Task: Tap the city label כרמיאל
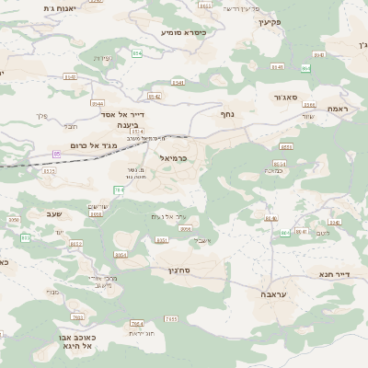(x=173, y=158)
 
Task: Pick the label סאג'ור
(x=287, y=98)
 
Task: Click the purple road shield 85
(x=57, y=154)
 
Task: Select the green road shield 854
(x=137, y=54)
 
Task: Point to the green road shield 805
(x=25, y=237)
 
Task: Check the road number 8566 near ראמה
(x=309, y=105)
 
